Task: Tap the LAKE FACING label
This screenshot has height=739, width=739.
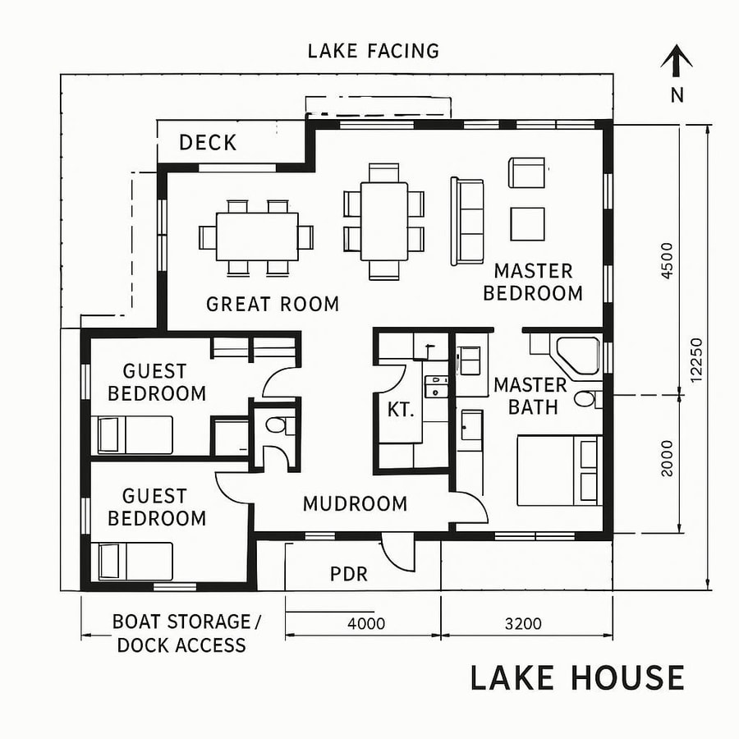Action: pos(374,51)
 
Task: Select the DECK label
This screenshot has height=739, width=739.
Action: pos(208,143)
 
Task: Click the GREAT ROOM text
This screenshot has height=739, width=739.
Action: pos(272,305)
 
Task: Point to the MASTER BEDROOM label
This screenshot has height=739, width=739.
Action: pos(533,282)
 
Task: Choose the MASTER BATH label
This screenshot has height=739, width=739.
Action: pos(530,396)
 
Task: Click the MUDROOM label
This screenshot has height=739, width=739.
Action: pos(355,503)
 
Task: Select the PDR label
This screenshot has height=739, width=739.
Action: pos(349,574)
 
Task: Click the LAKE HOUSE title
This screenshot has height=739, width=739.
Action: pos(576,678)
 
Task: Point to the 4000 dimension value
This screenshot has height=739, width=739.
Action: pos(366,623)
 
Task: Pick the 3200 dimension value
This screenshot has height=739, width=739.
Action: pos(523,623)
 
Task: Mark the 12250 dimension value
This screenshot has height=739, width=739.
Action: pos(697,360)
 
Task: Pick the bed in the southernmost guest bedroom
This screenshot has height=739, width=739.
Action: pos(135,561)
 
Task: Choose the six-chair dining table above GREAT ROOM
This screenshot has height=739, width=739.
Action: pos(257,237)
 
